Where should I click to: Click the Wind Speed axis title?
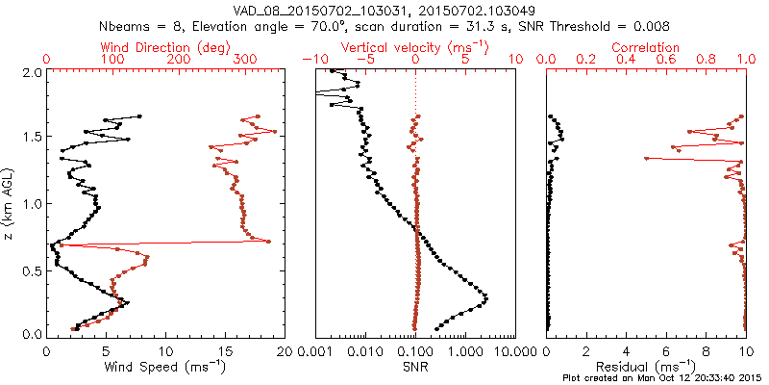coord(165,366)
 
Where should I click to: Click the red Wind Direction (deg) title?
coord(165,47)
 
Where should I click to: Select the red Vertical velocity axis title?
coord(415,47)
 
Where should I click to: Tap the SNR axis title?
coord(415,366)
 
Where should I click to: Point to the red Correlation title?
coord(647,47)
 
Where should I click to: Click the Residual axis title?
coord(647,366)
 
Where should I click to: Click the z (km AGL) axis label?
coord(10,203)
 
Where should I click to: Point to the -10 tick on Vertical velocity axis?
coord(312,60)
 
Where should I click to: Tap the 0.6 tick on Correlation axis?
coord(666,60)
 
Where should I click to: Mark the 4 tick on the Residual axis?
coord(626,350)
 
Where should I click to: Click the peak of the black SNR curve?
coord(485,298)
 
